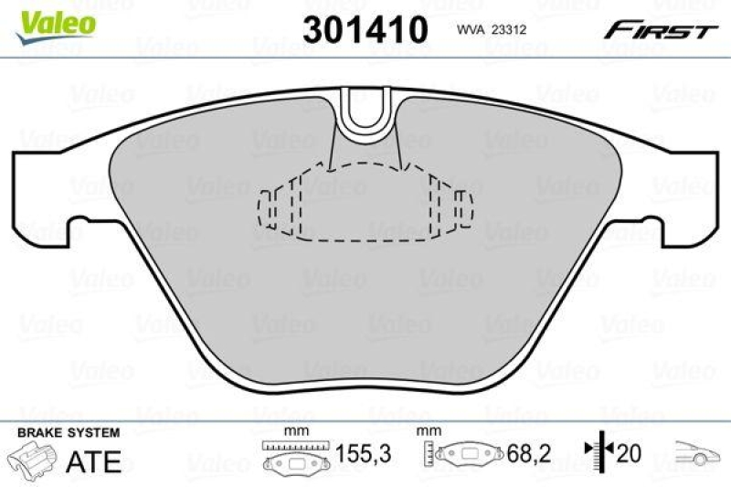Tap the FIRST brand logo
[x=659, y=30]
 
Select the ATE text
[x=94, y=461]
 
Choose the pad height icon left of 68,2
[x=461, y=454]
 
